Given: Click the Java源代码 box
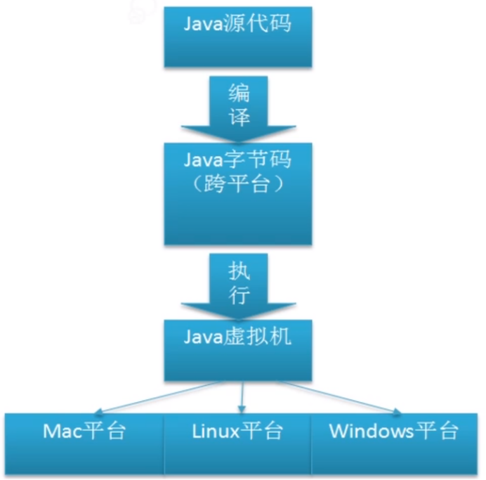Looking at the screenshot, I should point(237,35).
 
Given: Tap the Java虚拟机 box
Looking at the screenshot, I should point(237,350).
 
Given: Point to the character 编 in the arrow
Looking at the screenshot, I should point(239,93).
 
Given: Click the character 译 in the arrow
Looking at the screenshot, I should point(239,117).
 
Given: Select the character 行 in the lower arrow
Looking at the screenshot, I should point(239,296).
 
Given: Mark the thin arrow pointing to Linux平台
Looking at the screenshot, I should point(242,398).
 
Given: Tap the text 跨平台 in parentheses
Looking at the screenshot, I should point(237,185).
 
